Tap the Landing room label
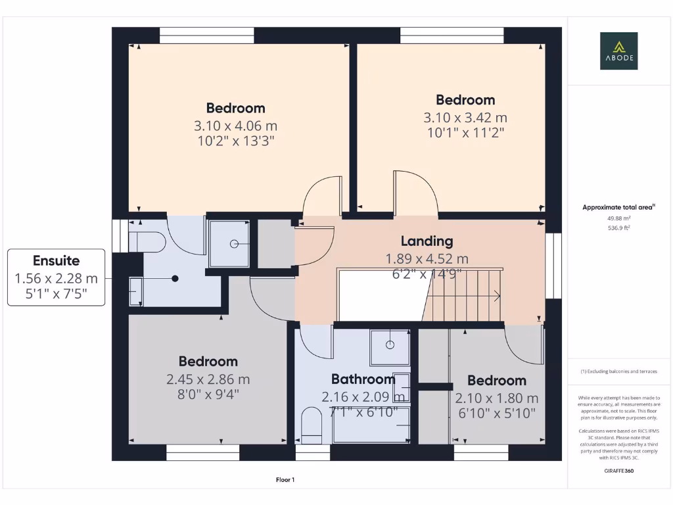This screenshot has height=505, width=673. (x=427, y=241)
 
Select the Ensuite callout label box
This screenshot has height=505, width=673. (x=56, y=277)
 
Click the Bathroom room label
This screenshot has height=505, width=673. (x=363, y=379)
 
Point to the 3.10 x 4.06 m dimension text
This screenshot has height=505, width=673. (x=235, y=125)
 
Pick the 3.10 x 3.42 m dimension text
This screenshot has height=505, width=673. (x=465, y=118)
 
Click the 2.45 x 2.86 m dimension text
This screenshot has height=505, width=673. (x=208, y=379)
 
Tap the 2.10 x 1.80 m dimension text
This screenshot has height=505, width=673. (x=496, y=398)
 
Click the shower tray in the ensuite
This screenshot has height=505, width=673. (x=229, y=243)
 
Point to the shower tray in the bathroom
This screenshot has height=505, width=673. (x=390, y=347)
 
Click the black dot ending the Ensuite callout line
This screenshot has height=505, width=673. (x=175, y=279)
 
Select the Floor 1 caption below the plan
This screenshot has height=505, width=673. (x=285, y=480)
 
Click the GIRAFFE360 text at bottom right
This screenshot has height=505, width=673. (x=618, y=471)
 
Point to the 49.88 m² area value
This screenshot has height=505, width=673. (x=618, y=218)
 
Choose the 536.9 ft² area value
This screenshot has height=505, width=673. (x=618, y=228)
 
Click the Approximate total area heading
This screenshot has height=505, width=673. (x=618, y=207)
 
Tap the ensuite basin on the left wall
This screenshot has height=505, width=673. (x=135, y=291)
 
